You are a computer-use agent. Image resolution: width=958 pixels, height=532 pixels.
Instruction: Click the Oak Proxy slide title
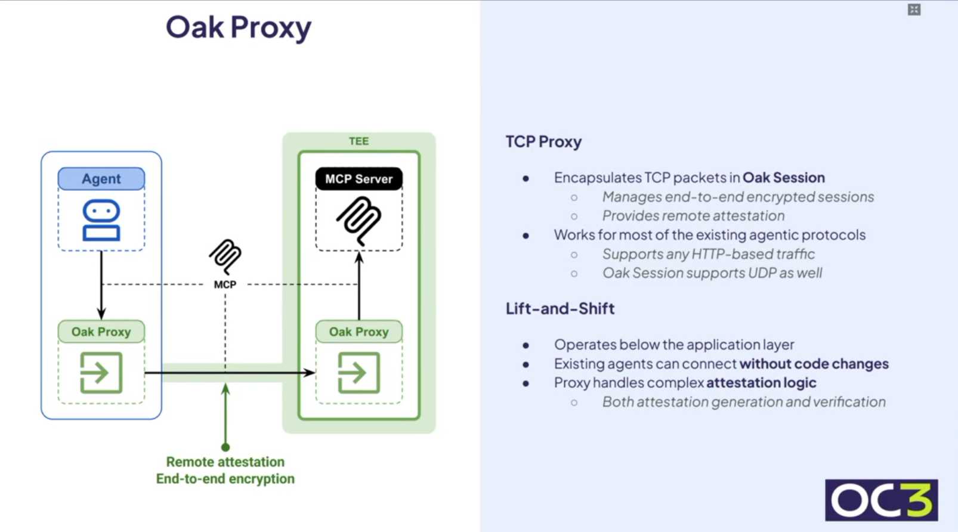(239, 27)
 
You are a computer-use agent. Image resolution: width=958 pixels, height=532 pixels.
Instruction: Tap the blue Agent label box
(101, 179)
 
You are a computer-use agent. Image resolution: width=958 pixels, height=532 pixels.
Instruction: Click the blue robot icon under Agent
(101, 220)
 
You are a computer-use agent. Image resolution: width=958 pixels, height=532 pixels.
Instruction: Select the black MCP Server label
(359, 179)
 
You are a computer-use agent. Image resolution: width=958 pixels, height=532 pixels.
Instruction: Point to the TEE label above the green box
(359, 141)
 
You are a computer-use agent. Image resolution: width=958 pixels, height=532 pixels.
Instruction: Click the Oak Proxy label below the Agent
(101, 332)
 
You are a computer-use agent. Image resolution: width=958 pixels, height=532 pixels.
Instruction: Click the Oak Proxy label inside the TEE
(359, 332)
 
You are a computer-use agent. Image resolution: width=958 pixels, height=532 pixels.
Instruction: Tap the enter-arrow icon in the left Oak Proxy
(101, 373)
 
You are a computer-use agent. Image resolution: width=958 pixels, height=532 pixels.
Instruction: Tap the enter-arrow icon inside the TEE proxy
(359, 373)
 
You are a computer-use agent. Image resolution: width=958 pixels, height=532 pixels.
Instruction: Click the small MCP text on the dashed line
(225, 284)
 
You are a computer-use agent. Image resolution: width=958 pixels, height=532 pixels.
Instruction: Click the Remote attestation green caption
(225, 462)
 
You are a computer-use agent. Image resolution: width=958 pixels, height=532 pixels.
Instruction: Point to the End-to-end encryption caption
(225, 479)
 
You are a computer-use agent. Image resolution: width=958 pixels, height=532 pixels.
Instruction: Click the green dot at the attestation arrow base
(225, 447)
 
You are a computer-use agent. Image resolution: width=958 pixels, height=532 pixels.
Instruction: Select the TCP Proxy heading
(543, 142)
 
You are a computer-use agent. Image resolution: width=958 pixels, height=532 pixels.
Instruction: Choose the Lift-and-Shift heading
(560, 308)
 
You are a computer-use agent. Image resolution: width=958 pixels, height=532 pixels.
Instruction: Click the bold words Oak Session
(783, 178)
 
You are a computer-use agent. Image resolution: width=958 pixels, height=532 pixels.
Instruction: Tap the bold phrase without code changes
(814, 364)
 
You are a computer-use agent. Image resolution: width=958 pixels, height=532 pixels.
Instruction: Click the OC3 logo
(881, 500)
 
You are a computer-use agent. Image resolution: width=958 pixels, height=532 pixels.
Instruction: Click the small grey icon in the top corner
(914, 10)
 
